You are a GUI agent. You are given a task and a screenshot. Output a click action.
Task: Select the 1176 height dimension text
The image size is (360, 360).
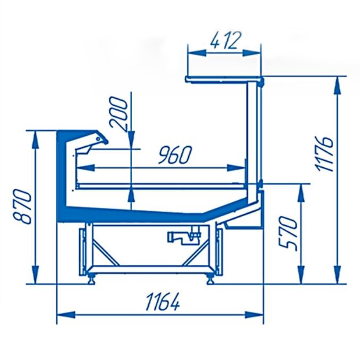coord(324,154)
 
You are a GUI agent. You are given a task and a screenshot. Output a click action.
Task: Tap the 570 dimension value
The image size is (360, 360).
coord(288,233)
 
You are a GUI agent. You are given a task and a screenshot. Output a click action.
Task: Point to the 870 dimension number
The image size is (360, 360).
coord(23,206)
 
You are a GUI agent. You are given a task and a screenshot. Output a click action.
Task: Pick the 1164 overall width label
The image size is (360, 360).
coord(163,302)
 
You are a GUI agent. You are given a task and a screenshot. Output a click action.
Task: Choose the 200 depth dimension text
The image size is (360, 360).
coord(118,114)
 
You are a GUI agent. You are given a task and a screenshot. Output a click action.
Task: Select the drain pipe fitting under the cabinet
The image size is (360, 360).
coord(184,236)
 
